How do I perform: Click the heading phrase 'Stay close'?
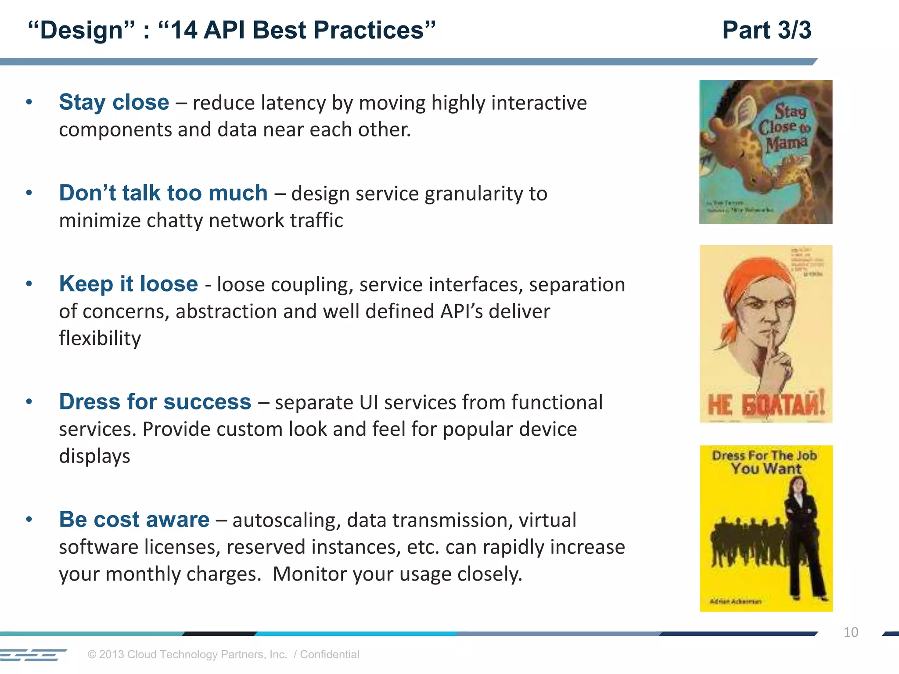tap(114, 102)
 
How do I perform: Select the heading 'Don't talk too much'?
tap(163, 193)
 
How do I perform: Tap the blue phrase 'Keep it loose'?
tap(128, 284)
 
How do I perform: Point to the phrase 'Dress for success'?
tap(155, 402)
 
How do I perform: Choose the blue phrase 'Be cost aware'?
tap(134, 520)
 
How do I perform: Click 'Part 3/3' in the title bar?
tap(766, 30)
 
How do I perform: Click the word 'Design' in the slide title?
tap(81, 30)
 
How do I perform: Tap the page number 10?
tap(850, 632)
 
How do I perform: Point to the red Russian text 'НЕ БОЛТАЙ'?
tap(766, 405)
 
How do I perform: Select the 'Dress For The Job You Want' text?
tap(765, 462)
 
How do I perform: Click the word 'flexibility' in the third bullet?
tap(100, 338)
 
